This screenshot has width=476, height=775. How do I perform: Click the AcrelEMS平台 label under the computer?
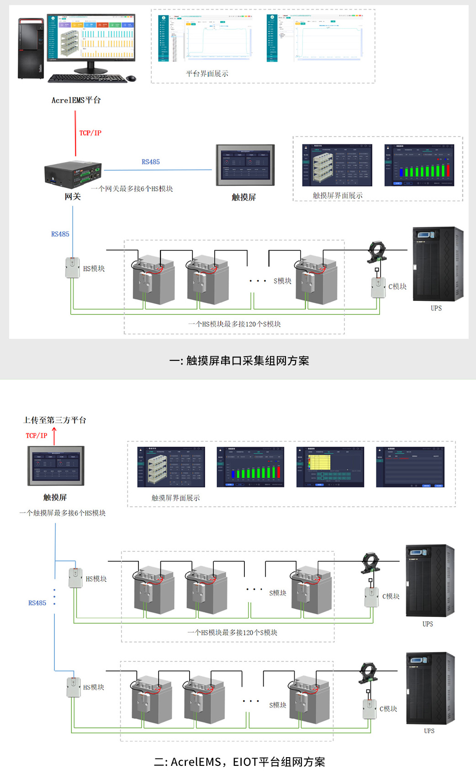point(76,100)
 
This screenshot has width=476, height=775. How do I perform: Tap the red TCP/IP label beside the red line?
point(90,133)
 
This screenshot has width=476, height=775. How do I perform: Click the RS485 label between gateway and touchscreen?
point(151,162)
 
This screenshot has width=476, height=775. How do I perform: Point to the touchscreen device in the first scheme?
point(245,165)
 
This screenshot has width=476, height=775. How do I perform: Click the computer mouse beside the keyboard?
point(132,79)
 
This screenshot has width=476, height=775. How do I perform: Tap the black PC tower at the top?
point(31,48)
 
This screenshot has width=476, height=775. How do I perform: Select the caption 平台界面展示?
point(207,74)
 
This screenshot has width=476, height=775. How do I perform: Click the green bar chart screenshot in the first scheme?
point(419,165)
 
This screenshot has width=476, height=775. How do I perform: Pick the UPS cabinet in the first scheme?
point(438,264)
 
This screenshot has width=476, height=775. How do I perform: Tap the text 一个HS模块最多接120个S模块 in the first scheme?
point(234,324)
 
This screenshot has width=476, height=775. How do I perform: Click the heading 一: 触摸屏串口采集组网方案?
point(239,361)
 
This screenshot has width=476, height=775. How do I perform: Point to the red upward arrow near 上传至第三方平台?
point(54,435)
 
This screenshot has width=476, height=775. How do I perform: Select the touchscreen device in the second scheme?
point(56,466)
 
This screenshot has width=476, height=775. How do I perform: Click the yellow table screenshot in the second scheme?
point(330,467)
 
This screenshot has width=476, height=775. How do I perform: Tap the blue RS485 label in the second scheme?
point(37,603)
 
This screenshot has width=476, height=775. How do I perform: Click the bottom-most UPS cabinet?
point(430,688)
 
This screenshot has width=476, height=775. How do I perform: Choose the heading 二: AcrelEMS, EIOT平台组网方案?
point(239,762)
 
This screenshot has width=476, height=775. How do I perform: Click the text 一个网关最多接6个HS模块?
point(132,189)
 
